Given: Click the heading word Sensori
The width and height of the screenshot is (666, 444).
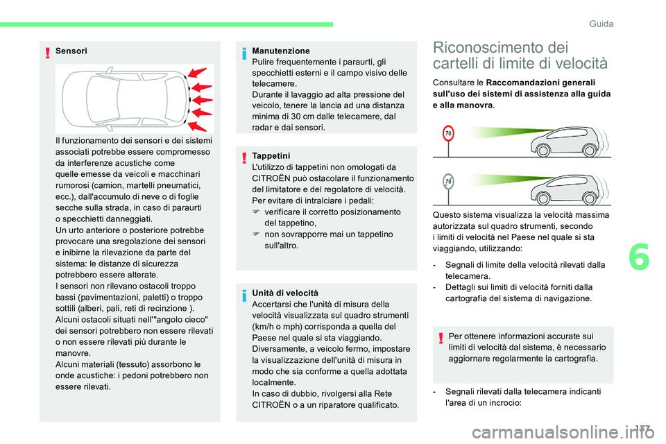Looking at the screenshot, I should coord(71,51).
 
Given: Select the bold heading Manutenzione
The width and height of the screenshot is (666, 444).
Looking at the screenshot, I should coord(281,51).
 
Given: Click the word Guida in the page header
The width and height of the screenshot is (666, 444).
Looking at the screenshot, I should coord(601,24).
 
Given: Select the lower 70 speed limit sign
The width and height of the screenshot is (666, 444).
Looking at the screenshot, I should coord(449,182).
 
